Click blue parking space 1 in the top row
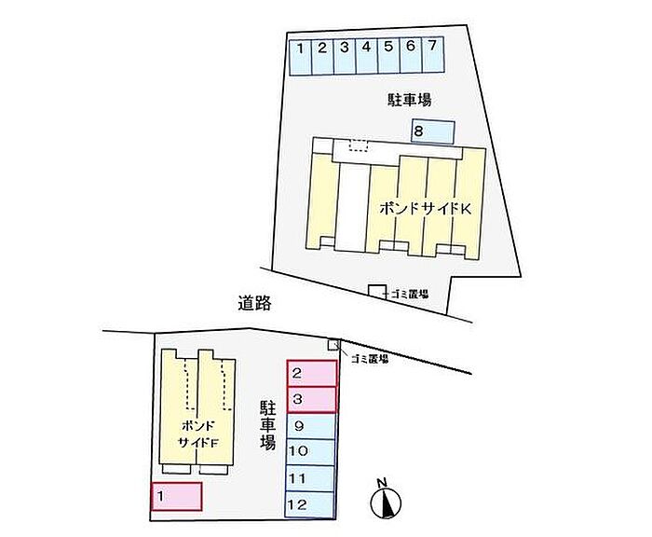click(x=301, y=55)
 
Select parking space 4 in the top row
click(x=366, y=55)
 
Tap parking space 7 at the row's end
click(x=432, y=55)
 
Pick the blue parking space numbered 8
click(x=432, y=132)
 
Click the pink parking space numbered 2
click(x=311, y=374)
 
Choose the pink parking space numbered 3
click(x=311, y=400)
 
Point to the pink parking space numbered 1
click(x=176, y=496)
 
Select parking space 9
click(x=311, y=427)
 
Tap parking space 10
click(x=311, y=452)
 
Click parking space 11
click(x=311, y=478)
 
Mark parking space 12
click(x=311, y=504)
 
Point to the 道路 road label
click(x=253, y=303)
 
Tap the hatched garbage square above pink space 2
click(x=333, y=346)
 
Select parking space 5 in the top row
click(x=388, y=55)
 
